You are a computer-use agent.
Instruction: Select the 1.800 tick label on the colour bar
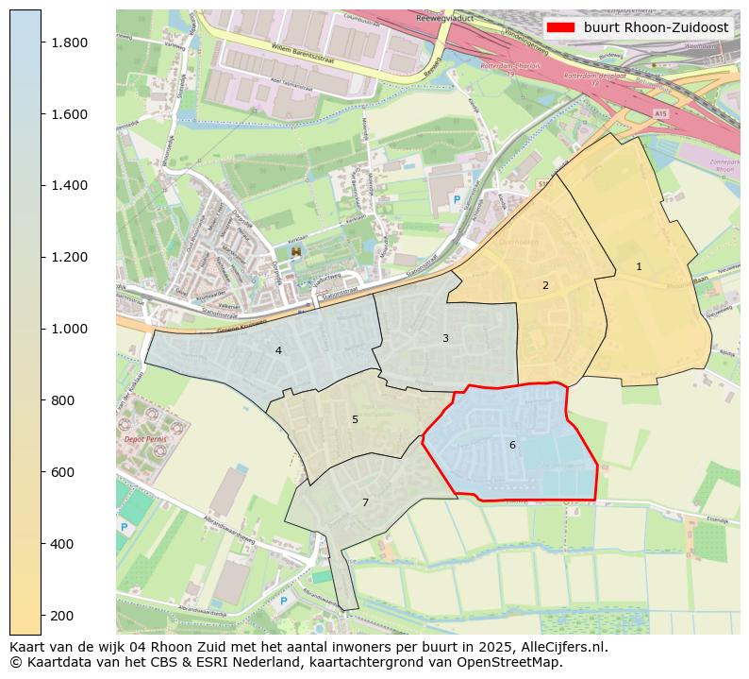[69, 42]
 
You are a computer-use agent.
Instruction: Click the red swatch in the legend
[560, 27]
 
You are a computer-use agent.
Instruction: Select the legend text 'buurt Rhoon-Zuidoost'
[656, 27]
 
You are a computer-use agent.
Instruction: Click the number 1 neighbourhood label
[639, 267]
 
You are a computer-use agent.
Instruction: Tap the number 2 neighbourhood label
[545, 285]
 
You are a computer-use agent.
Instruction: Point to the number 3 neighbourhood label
[445, 338]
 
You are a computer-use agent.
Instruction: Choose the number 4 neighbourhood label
[278, 350]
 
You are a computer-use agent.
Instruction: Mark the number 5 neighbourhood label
[355, 419]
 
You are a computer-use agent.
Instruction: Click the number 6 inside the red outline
[512, 445]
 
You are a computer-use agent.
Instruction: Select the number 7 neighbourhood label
[365, 502]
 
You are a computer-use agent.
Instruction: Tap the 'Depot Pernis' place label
[145, 439]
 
